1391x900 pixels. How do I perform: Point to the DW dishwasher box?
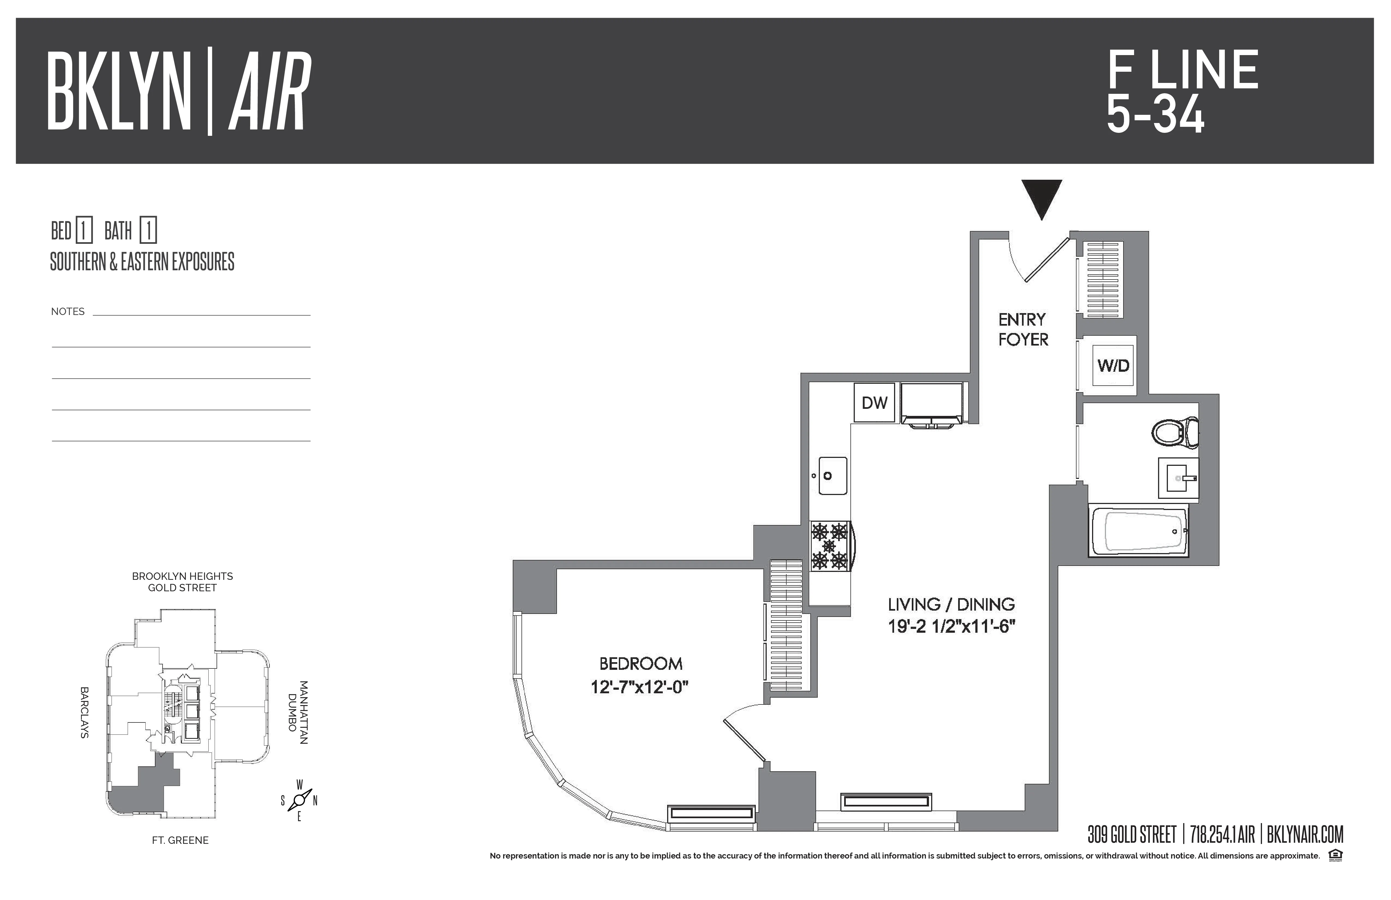click(874, 402)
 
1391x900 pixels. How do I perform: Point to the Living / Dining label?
click(951, 604)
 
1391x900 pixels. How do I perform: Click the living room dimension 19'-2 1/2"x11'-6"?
click(951, 626)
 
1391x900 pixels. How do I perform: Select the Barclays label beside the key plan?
click(84, 712)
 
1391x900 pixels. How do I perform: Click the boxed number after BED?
click(83, 231)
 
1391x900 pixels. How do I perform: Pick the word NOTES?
click(68, 311)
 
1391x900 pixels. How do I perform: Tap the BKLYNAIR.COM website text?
click(1305, 835)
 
